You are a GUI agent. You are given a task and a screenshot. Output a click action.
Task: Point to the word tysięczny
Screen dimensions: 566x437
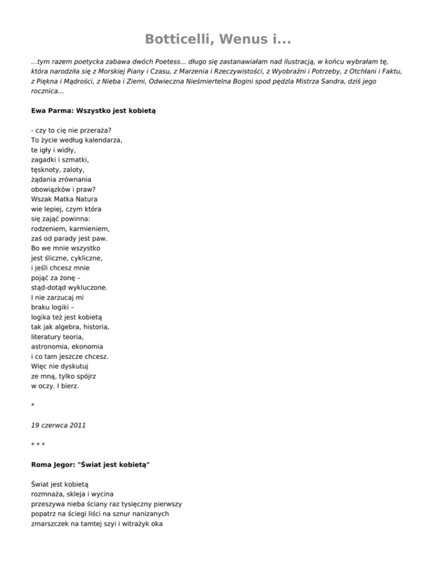tap(139, 504)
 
